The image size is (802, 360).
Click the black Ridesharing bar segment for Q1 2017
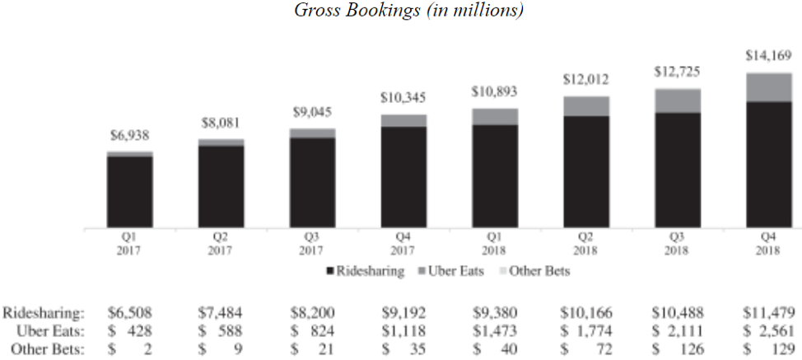(x=130, y=192)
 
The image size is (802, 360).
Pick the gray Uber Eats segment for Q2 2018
(x=586, y=105)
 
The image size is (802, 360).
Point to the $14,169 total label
(x=768, y=57)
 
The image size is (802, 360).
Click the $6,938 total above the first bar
(x=129, y=136)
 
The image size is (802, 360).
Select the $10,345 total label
(x=403, y=98)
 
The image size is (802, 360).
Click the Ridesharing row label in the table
(x=44, y=312)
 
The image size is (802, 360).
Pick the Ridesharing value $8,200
(x=314, y=312)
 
